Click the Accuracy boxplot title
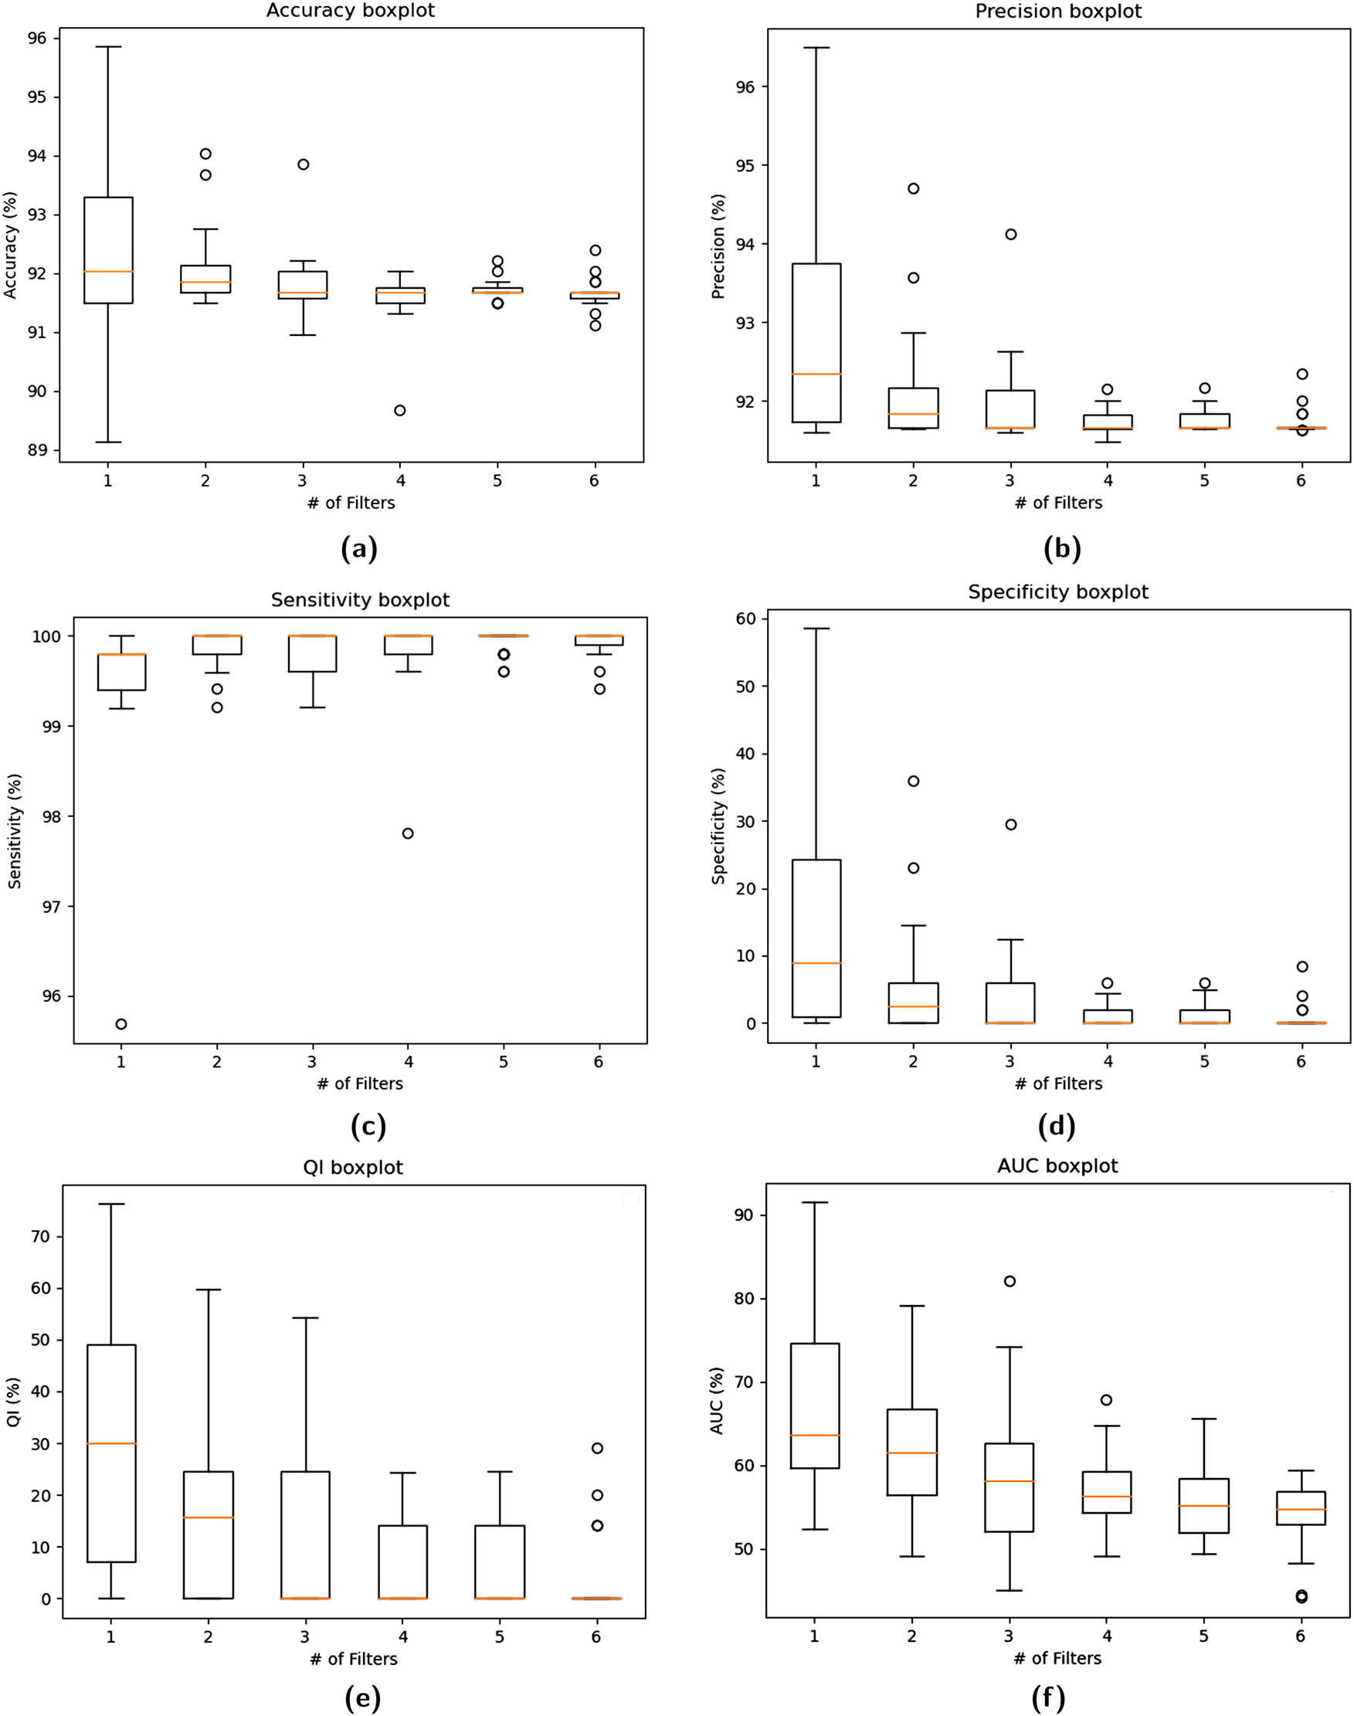[351, 11]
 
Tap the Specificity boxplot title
[1057, 592]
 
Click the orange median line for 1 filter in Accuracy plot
[109, 272]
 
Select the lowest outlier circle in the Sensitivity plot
[121, 1024]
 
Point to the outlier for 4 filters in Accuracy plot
[400, 411]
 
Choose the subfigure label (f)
[1048, 1697]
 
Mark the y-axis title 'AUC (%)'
[717, 1401]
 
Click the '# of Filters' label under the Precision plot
[1058, 503]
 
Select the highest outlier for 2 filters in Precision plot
[913, 188]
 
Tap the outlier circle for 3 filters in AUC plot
[1010, 1282]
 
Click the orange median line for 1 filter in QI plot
[112, 1443]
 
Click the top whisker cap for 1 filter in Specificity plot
[816, 629]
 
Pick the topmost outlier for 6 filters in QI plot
[598, 1448]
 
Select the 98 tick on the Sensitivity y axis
[50, 816]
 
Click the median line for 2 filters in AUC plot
[912, 1453]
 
